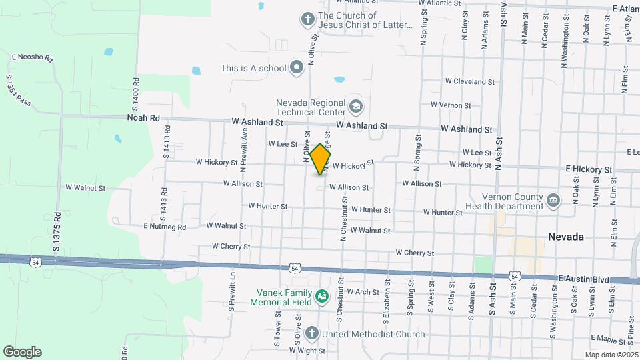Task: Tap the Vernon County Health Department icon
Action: [553, 200]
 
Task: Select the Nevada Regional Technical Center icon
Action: [356, 106]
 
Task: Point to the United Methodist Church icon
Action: [311, 333]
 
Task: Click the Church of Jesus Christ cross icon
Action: [307, 19]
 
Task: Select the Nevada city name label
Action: [565, 237]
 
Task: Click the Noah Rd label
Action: [144, 118]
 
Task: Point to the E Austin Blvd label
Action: [584, 279]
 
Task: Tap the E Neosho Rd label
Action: [32, 57]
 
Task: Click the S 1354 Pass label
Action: [19, 91]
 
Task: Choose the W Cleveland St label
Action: [470, 81]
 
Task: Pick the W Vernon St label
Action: [451, 105]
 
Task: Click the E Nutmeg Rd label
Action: [165, 227]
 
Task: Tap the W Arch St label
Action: [363, 291]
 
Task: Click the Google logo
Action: [22, 352]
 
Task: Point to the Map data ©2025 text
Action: [611, 355]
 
